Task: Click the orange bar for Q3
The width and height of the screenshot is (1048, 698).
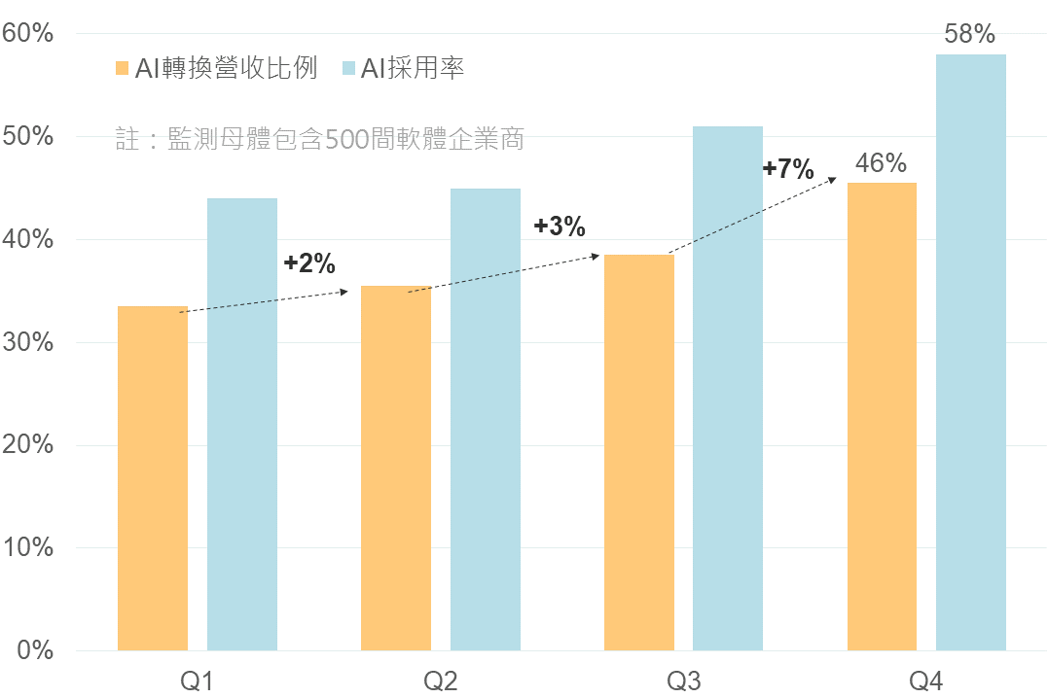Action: pos(639,453)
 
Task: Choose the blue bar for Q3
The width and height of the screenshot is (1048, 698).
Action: pos(728,388)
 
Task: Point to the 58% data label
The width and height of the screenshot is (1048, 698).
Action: pos(970,34)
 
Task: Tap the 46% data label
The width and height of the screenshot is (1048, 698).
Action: pos(881,163)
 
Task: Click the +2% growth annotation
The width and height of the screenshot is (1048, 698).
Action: pos(309,262)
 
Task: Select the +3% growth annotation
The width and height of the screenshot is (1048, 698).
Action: pos(560,227)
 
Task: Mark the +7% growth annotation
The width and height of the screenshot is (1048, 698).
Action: pos(788,168)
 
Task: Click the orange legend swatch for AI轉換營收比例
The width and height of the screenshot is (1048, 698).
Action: pos(122,68)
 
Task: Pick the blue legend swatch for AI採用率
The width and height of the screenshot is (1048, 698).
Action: pos(349,68)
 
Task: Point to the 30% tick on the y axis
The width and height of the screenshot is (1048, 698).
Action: pos(28,342)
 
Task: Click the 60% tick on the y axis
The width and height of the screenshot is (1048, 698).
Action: pos(28,34)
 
